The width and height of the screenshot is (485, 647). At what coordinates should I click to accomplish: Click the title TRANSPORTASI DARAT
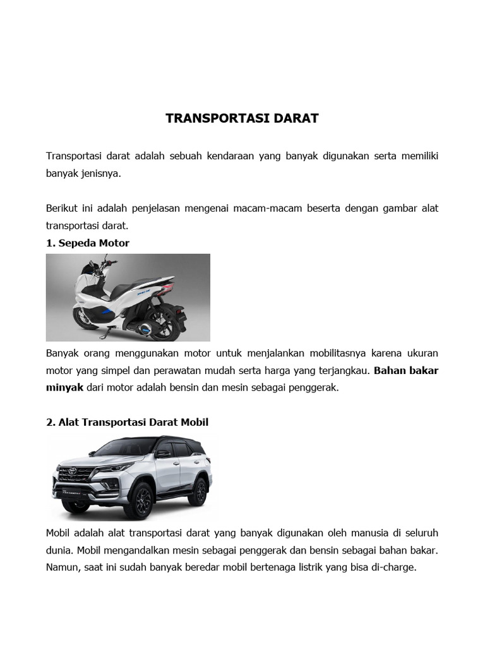(242, 118)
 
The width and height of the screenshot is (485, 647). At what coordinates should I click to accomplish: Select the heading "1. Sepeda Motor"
(88, 243)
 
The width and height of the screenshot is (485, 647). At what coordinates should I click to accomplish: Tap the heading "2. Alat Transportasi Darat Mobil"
(127, 422)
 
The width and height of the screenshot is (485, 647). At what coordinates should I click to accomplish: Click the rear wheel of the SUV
(198, 492)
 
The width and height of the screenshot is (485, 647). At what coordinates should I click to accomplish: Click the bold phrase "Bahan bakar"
(406, 370)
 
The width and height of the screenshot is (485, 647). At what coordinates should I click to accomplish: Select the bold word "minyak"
(65, 388)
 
